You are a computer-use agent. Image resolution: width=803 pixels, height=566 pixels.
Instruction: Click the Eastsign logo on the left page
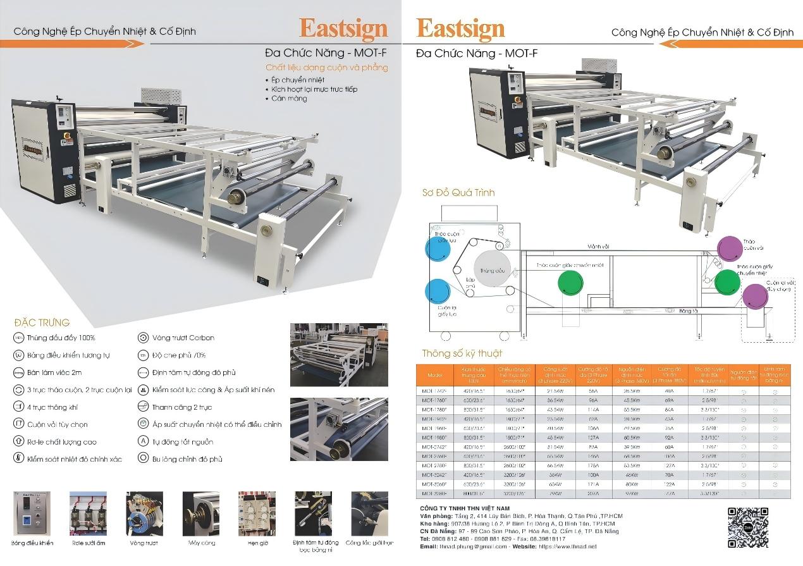[x=343, y=28]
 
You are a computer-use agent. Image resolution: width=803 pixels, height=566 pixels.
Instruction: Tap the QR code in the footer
[x=748, y=526]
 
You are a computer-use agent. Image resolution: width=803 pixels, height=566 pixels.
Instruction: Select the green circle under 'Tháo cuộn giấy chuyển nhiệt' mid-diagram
[x=570, y=282]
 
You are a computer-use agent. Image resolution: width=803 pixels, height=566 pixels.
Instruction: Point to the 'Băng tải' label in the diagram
[x=689, y=311]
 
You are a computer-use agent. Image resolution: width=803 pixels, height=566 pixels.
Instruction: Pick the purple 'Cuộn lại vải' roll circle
[x=755, y=296]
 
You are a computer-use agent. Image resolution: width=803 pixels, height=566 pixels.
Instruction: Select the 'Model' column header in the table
[x=436, y=375]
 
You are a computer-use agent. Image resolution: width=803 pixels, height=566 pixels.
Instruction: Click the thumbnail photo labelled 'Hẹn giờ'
[x=257, y=513]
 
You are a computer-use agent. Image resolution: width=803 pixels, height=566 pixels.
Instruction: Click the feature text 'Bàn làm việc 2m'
[x=54, y=372]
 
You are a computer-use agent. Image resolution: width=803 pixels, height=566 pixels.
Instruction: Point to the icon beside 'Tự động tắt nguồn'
[x=143, y=441]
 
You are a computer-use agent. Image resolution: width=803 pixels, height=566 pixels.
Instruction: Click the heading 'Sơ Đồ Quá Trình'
[x=458, y=192]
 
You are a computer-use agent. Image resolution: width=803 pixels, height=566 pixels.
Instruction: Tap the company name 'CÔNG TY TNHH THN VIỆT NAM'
[x=465, y=508]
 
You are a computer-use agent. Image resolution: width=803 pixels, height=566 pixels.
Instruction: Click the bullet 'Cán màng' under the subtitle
[x=289, y=99]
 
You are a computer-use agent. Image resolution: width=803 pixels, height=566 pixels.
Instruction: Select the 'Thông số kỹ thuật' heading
[x=462, y=354]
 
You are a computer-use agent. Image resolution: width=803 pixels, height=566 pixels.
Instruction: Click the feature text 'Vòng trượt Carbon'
[x=183, y=338]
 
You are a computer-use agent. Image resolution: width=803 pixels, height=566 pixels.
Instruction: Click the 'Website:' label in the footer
[x=526, y=546]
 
